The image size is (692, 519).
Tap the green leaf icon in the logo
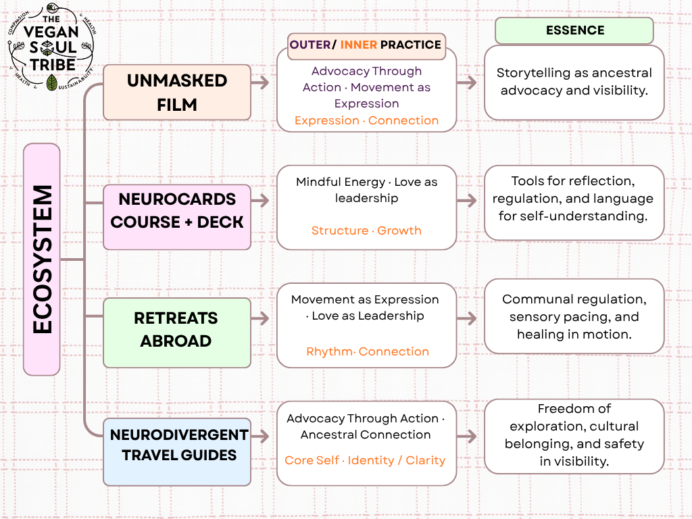click(52, 82)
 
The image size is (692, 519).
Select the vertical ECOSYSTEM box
click(42, 259)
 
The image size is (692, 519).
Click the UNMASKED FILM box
click(177, 93)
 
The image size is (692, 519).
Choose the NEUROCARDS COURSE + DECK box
click(177, 211)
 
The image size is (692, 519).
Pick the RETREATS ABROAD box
click(177, 329)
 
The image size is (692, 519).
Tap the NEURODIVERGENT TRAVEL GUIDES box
click(177, 445)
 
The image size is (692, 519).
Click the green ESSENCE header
click(574, 30)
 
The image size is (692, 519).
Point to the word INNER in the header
click(358, 45)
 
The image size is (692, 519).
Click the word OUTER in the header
click(312, 45)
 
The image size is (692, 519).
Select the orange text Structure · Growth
click(366, 230)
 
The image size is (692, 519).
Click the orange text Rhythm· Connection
click(367, 351)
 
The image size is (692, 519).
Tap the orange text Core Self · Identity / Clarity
click(365, 460)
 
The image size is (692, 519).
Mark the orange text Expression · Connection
click(366, 120)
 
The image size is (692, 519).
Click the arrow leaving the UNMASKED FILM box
click(260, 82)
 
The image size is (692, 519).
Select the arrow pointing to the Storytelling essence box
click(467, 82)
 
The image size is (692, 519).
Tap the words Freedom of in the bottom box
click(574, 409)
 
